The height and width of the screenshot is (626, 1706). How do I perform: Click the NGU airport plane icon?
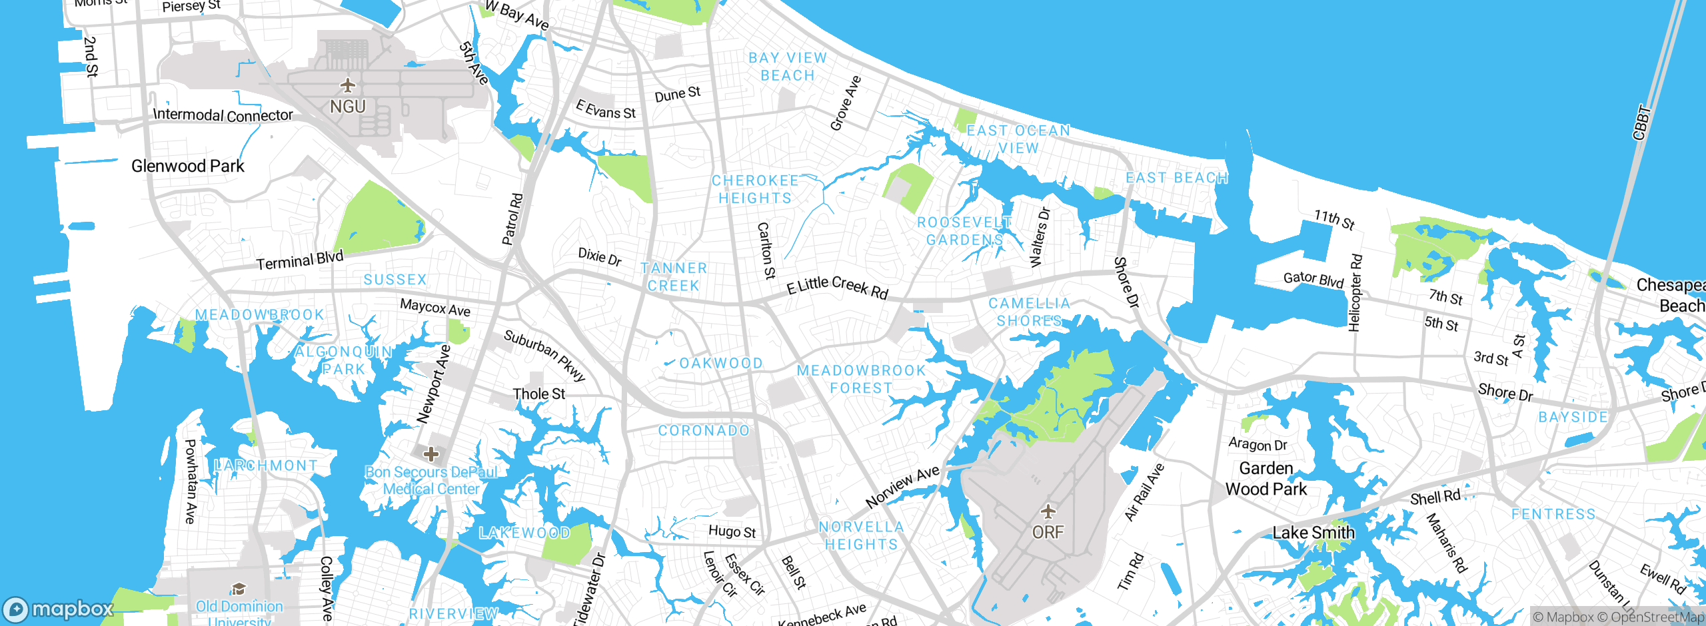click(347, 85)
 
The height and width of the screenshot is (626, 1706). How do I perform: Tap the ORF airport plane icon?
click(1048, 511)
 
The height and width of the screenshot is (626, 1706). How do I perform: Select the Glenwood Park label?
click(187, 166)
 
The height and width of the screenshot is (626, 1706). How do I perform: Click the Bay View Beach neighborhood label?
click(787, 67)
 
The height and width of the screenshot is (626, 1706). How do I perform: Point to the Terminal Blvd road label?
click(300, 260)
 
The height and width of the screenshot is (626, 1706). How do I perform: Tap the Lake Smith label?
click(1313, 533)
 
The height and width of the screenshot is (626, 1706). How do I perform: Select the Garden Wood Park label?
click(1266, 479)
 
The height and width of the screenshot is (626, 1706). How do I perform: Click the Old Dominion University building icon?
click(239, 588)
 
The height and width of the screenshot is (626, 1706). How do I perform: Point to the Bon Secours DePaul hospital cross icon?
click(431, 454)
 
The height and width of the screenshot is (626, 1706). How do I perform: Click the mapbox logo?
click(59, 609)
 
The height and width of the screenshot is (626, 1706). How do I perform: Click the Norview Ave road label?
click(902, 487)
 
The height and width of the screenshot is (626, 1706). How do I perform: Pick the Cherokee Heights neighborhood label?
click(754, 189)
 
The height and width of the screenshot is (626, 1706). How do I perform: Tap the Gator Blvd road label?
click(1313, 279)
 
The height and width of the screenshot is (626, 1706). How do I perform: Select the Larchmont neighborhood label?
click(266, 466)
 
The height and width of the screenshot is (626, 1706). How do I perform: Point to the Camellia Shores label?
click(1029, 312)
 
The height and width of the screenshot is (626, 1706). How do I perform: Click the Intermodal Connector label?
click(223, 115)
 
